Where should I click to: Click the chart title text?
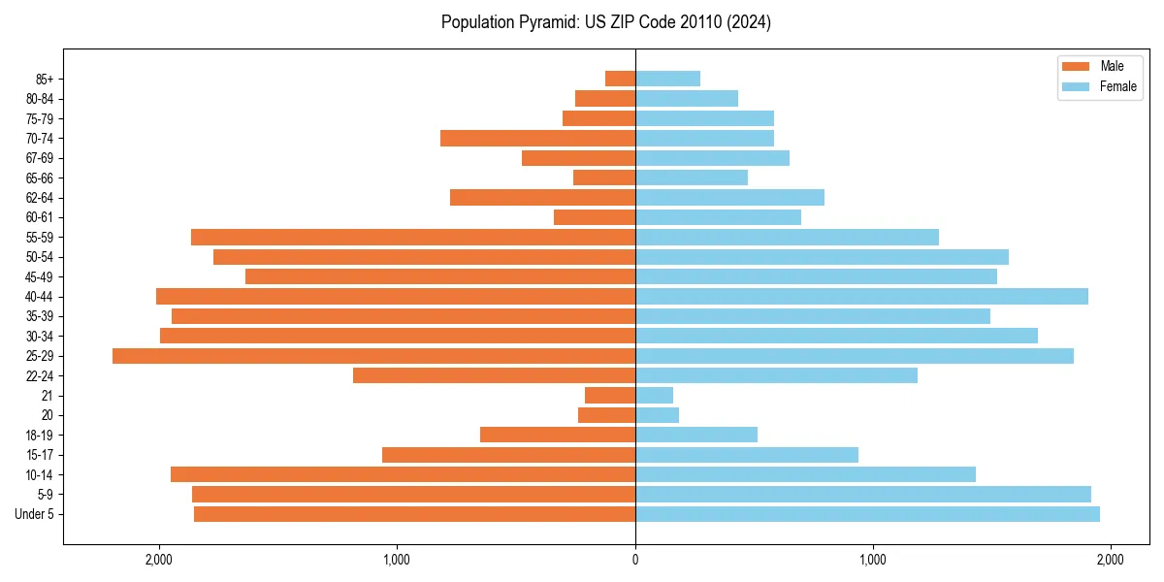tap(606, 22)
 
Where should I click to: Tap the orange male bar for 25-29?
tap(373, 356)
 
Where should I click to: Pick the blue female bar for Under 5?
tap(867, 514)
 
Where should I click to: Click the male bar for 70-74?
tap(537, 139)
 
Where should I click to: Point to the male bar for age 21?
tap(610, 396)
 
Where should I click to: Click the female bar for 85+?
tap(667, 79)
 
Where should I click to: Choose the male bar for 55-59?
tap(413, 238)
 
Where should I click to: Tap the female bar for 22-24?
tap(776, 375)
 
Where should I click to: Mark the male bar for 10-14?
tap(403, 474)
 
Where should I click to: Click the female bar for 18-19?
tap(696, 435)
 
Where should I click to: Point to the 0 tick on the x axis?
tap(635, 560)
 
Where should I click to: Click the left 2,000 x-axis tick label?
tap(158, 560)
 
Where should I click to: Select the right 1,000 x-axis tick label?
tap(873, 560)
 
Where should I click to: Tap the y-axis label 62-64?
tap(40, 198)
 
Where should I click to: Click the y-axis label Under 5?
tap(35, 514)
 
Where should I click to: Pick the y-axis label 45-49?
tap(40, 277)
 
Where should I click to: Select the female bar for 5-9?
tap(863, 495)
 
